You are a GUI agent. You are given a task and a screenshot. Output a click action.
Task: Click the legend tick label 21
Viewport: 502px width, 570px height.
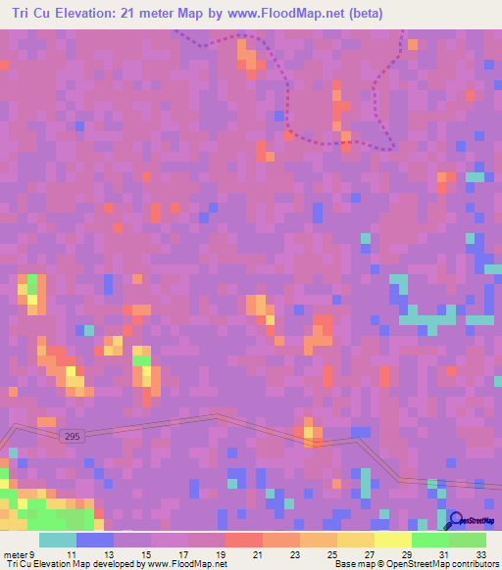click(x=258, y=555)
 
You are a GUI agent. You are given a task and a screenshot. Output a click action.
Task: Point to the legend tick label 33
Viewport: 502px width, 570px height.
click(x=480, y=555)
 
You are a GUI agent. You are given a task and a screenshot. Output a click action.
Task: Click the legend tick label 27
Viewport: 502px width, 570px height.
click(x=369, y=555)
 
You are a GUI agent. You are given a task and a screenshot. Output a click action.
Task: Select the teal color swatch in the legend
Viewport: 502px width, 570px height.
click(x=57, y=540)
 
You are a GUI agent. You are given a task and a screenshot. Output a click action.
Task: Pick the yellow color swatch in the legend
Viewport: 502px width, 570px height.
click(x=392, y=540)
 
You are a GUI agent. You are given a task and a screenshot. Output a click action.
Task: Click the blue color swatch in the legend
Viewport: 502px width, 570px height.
click(x=94, y=540)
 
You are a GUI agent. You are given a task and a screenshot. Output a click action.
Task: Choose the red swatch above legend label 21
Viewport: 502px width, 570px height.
click(x=243, y=540)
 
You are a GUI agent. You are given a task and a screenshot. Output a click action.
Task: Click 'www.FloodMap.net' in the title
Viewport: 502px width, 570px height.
click(x=279, y=14)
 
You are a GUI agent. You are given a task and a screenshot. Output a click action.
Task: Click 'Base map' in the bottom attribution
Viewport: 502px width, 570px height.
click(x=353, y=565)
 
